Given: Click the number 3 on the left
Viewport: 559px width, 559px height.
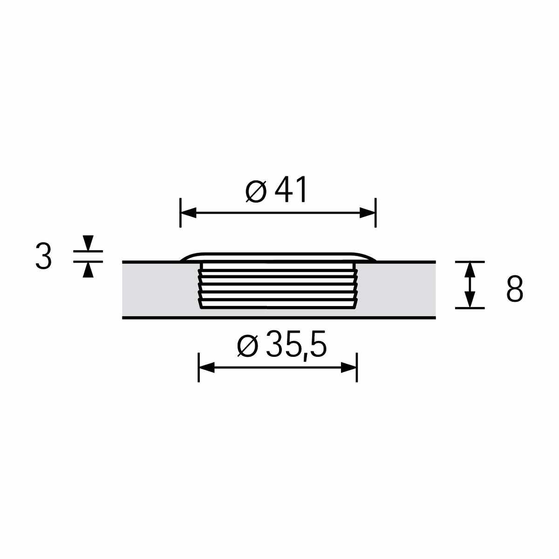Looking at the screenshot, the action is point(43,256).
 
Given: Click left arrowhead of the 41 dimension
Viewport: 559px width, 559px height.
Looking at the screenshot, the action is point(188,212).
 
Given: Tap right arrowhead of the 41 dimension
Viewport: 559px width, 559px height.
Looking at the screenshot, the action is point(368,212).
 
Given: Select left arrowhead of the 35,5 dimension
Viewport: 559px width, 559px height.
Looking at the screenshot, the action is point(206,367).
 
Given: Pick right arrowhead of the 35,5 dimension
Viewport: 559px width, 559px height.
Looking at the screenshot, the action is point(349,367).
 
